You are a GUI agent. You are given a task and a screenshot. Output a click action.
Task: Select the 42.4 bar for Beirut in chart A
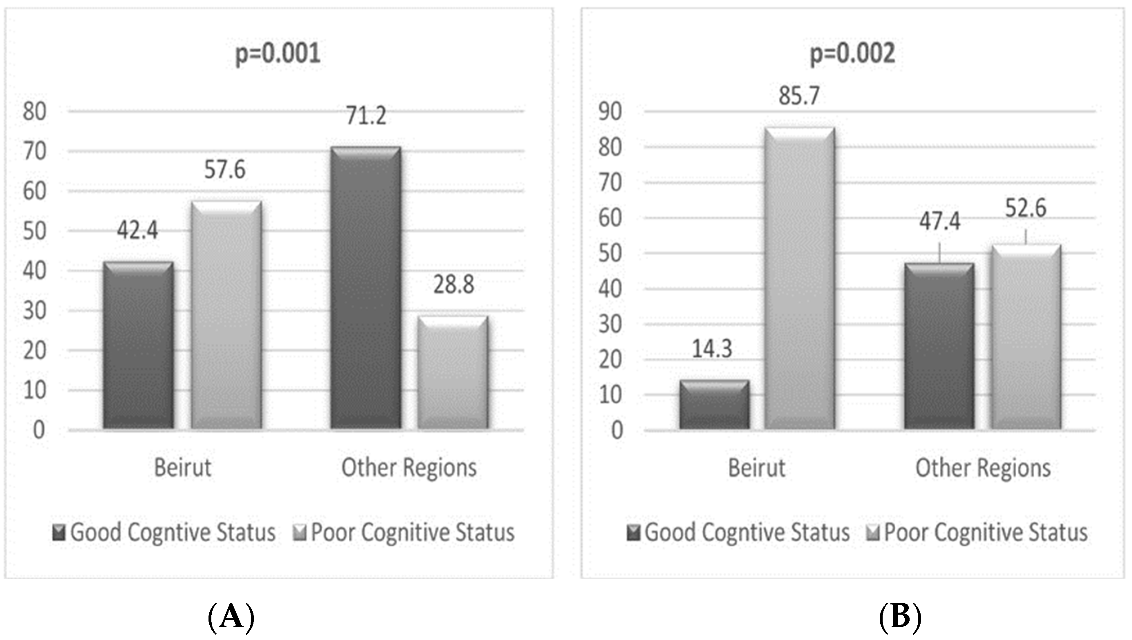(138, 345)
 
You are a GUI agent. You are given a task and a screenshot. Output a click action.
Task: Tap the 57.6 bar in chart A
(226, 315)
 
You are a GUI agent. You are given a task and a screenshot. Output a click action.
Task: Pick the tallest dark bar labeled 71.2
(365, 287)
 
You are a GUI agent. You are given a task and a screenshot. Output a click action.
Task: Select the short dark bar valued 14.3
(714, 404)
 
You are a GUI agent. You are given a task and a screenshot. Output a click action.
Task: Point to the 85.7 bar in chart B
(799, 278)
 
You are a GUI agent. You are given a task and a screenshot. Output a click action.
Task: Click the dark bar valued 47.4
(939, 346)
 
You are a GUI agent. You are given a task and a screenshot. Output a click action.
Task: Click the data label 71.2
(366, 116)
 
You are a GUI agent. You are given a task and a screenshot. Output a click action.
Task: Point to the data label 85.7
(799, 96)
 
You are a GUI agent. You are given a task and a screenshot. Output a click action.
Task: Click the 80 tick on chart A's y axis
(35, 112)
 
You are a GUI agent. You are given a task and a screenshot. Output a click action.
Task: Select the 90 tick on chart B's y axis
(610, 112)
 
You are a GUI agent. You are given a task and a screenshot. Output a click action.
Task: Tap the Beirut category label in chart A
(182, 468)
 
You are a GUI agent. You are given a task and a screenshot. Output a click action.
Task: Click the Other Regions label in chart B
(983, 468)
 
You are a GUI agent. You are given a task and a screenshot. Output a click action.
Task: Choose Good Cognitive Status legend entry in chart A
(164, 532)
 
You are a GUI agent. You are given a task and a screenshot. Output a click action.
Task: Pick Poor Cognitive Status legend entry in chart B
(976, 532)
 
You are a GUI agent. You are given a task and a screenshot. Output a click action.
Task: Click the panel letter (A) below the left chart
(231, 617)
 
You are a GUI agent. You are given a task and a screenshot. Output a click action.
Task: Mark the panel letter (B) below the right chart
(900, 617)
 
